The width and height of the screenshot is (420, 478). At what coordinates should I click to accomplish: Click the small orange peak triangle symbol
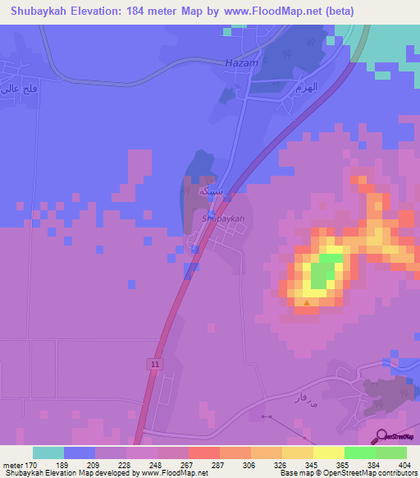[x=307, y=303]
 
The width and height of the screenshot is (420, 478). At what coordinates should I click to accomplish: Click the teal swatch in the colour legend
[x=48, y=453]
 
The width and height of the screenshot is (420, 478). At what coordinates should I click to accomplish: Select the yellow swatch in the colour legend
[x=328, y=453]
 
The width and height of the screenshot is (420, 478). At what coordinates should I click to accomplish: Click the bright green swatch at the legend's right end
[x=390, y=453]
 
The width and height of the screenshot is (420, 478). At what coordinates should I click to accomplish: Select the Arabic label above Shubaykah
[x=206, y=190]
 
